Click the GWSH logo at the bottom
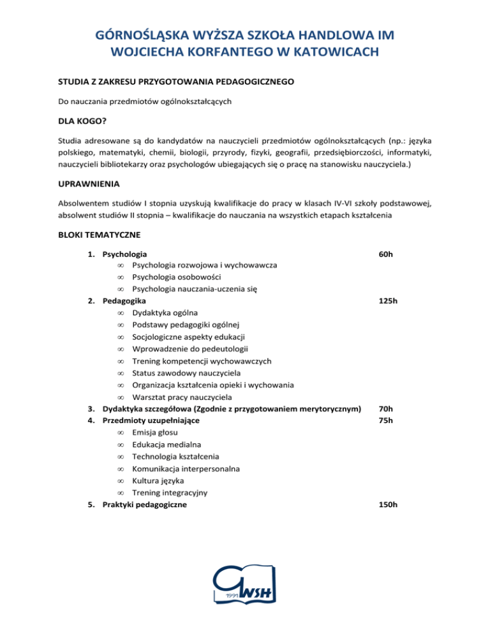[x=245, y=587]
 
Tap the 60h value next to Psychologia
[x=385, y=254]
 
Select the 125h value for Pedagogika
[x=387, y=300]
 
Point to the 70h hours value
[x=385, y=408]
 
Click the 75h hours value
[x=385, y=420]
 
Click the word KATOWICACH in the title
[x=318, y=50]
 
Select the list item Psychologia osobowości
[x=176, y=277]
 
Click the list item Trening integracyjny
[x=172, y=492]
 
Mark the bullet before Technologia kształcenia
[x=120, y=457]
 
